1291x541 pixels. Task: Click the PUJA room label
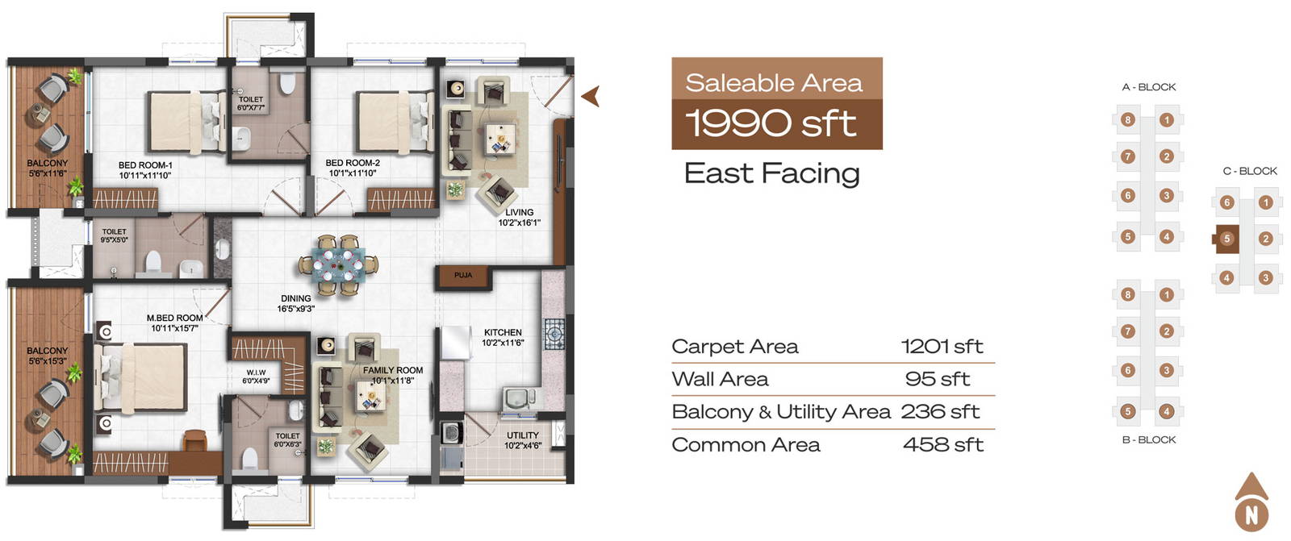tap(463, 276)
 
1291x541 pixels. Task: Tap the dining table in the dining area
tap(339, 265)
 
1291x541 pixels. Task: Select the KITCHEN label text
tap(503, 332)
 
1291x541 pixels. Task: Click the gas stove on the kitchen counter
tap(554, 334)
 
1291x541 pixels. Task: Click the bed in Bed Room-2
tap(395, 122)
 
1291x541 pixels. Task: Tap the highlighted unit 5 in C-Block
tap(1226, 239)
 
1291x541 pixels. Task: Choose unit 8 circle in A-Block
tap(1128, 120)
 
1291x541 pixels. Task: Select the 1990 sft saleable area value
tap(771, 123)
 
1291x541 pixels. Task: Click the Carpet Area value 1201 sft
tap(942, 346)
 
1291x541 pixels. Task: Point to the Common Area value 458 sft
tap(943, 445)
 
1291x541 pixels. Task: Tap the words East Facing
tap(771, 173)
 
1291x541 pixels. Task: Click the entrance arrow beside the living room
tap(590, 96)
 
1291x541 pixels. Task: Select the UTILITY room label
tap(523, 435)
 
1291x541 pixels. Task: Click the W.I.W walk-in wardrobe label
tap(256, 372)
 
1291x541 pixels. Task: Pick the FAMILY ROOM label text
tap(392, 370)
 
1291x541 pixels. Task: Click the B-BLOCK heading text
tap(1149, 439)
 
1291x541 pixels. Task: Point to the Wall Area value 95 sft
tap(938, 379)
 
